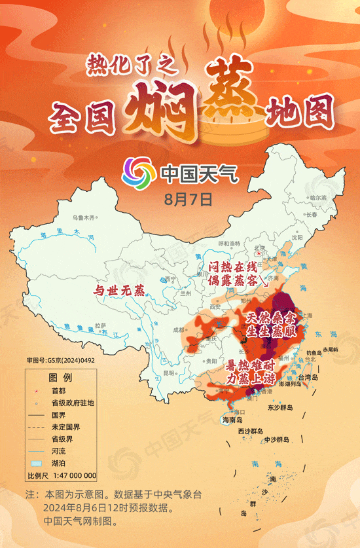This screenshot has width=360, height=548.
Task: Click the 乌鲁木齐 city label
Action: (84, 217)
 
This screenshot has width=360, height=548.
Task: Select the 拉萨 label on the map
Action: (99, 325)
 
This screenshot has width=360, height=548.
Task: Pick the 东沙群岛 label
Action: (280, 407)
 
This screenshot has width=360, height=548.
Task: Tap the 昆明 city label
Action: (170, 373)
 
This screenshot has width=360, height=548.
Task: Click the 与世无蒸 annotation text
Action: (118, 291)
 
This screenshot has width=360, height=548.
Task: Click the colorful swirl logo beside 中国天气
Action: (137, 172)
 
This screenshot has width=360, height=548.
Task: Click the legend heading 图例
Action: (60, 378)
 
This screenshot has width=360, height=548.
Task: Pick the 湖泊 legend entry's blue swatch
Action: (39, 463)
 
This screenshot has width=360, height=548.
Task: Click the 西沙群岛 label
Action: (250, 431)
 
